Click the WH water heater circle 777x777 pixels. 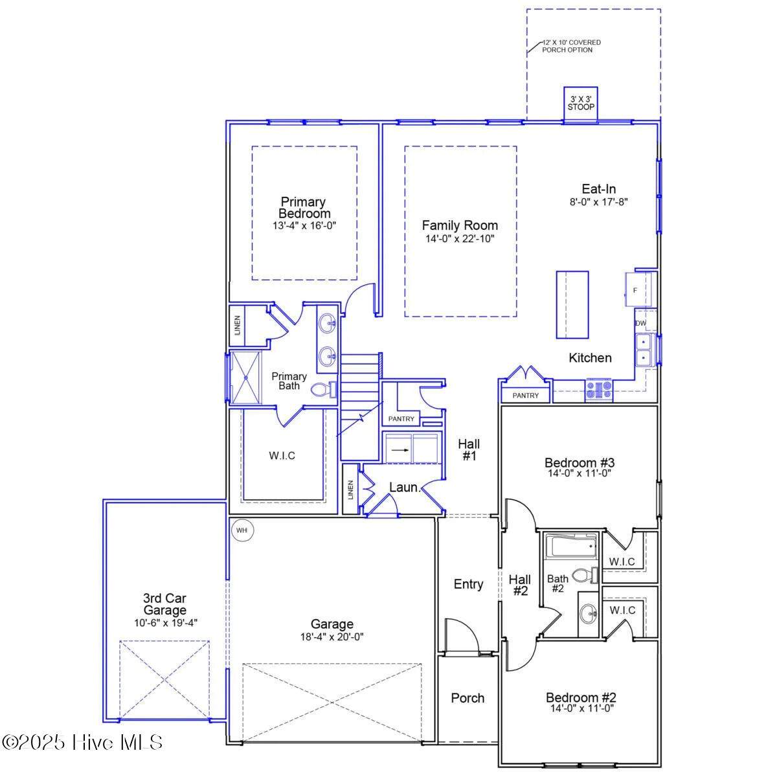coord(242,530)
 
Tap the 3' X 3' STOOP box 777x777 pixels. coord(580,104)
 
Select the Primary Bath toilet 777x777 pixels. coord(323,389)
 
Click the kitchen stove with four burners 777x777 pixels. coord(598,390)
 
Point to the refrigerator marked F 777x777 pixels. coord(638,290)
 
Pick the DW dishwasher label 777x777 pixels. coord(641,323)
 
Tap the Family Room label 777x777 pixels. coord(460,225)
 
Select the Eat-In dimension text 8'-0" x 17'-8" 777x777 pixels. coord(599,202)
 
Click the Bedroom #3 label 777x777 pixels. coord(580,462)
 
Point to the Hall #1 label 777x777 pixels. coord(469,449)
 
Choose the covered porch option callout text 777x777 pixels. coord(570,46)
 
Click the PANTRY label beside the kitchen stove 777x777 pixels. coord(525,396)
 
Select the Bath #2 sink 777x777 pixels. coord(589,614)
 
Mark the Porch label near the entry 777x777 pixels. coord(467,698)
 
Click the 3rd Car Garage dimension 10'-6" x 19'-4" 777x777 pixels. coord(166,623)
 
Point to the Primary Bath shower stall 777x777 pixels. coord(245,377)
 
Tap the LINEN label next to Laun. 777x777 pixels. coord(350,490)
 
